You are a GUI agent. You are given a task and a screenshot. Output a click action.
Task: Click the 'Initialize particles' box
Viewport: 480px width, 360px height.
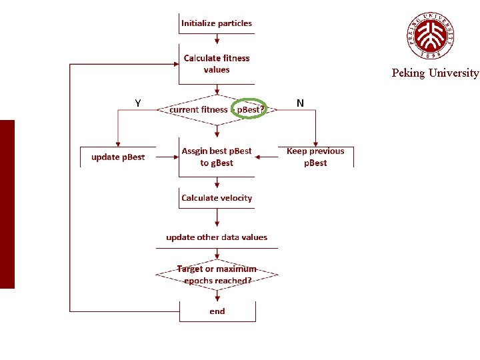pyautogui.click(x=217, y=23)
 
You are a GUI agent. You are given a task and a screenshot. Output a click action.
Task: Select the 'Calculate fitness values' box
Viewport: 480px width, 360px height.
pyautogui.click(x=217, y=64)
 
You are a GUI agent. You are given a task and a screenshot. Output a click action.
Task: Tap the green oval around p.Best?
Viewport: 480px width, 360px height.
pyautogui.click(x=249, y=109)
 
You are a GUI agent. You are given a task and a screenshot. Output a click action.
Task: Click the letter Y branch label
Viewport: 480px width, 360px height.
pyautogui.click(x=137, y=103)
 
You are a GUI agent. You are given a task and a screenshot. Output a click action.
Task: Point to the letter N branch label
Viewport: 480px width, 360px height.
pyautogui.click(x=300, y=103)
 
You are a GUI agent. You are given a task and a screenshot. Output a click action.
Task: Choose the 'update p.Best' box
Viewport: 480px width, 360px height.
pyautogui.click(x=118, y=157)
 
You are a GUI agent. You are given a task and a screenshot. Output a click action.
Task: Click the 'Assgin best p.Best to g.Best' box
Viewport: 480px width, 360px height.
pyautogui.click(x=217, y=157)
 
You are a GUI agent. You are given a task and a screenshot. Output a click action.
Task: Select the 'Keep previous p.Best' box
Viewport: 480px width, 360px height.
pyautogui.click(x=315, y=157)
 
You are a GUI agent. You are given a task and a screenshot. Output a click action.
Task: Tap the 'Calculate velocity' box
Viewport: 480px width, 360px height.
pyautogui.click(x=217, y=198)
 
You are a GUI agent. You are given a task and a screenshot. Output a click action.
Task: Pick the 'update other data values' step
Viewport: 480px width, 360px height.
pyautogui.click(x=217, y=237)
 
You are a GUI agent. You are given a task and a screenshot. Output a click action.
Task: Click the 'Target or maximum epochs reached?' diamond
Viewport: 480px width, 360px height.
pyautogui.click(x=217, y=275)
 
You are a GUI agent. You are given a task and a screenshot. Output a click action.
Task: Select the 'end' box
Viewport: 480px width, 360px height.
pyautogui.click(x=217, y=311)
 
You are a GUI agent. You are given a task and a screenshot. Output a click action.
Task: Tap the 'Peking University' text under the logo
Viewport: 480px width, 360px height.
pyautogui.click(x=435, y=73)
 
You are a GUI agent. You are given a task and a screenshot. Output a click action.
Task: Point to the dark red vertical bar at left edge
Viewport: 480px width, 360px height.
pyautogui.click(x=7, y=204)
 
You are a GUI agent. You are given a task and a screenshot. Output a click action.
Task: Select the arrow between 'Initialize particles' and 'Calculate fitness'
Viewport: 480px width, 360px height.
pyautogui.click(x=217, y=39)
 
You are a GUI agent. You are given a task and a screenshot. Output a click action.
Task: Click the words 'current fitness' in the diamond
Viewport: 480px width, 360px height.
pyautogui.click(x=198, y=109)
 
